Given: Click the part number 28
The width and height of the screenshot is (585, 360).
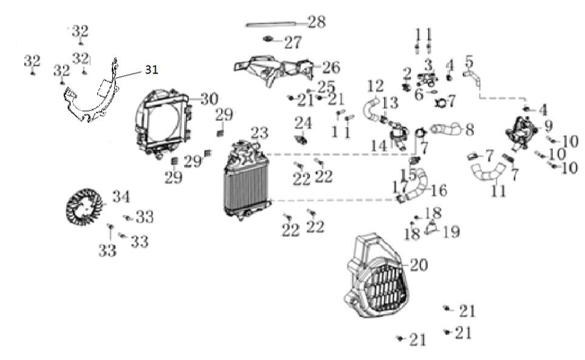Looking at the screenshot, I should point(316,22).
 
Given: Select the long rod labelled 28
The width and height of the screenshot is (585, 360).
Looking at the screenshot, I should point(275,25).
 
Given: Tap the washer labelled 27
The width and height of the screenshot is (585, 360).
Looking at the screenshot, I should point(268,40).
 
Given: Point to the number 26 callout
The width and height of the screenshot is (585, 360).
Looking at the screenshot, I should point(330,67).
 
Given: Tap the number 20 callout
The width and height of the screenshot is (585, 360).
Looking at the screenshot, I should point(419,265).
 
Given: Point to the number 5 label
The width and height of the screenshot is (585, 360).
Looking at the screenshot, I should point(468,61).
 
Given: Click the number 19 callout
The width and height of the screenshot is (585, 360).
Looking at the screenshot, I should point(451,231).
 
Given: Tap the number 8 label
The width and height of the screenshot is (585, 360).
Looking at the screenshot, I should point(469,130).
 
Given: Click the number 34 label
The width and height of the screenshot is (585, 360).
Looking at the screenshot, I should point(120,197).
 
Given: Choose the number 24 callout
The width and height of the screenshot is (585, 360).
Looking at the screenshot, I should point(303,124).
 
